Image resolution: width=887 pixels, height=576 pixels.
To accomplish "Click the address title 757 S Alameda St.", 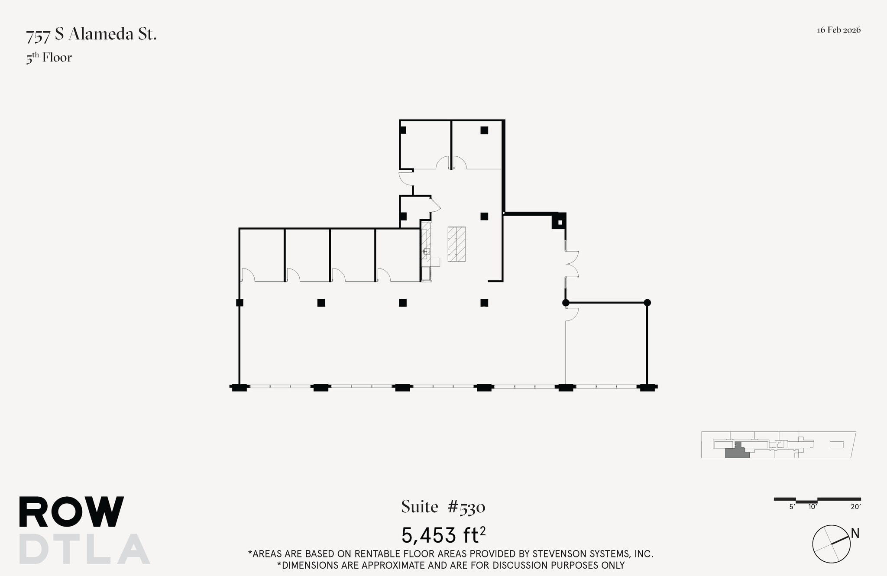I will pyautogui.click(x=91, y=35).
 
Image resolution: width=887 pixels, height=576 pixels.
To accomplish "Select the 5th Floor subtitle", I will pyautogui.click(x=49, y=58).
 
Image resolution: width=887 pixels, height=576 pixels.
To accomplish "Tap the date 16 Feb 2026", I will pyautogui.click(x=838, y=30).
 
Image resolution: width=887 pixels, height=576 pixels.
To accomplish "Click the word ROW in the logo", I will pyautogui.click(x=71, y=512).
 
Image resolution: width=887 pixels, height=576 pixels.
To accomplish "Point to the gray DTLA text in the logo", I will pyautogui.click(x=84, y=549).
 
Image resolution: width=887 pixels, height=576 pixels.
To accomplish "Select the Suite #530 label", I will pyautogui.click(x=443, y=507).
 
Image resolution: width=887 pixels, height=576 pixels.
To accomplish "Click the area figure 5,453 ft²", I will pyautogui.click(x=443, y=535).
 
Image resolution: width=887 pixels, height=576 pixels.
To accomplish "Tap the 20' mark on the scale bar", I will pyautogui.click(x=855, y=507).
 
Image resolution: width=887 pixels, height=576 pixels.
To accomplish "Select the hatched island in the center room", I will pyautogui.click(x=456, y=244).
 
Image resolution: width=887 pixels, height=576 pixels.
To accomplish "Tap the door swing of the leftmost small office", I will pyautogui.click(x=248, y=275).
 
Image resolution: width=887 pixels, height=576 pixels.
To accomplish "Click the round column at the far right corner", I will pyautogui.click(x=647, y=303).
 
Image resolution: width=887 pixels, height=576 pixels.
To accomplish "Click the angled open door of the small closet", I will pyautogui.click(x=435, y=205).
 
